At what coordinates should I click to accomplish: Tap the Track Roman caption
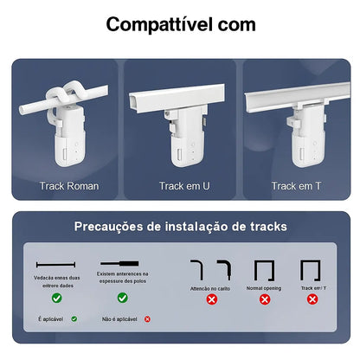click(x=69, y=185)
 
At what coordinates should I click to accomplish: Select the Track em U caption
click(x=180, y=185)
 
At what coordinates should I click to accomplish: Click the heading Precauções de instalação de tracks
click(x=180, y=228)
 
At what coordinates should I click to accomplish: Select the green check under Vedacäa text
click(x=56, y=298)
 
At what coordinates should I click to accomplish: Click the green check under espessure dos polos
click(x=122, y=298)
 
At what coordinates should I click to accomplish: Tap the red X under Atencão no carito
click(x=211, y=299)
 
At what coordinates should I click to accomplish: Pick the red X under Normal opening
click(x=264, y=299)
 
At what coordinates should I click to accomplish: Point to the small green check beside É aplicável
click(x=74, y=318)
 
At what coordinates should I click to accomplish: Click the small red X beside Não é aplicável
click(x=147, y=318)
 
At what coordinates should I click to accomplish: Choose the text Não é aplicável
click(x=119, y=318)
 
